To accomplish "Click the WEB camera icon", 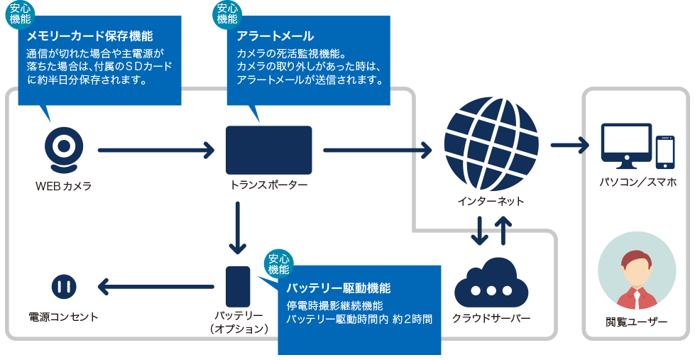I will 64,150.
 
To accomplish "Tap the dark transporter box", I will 269,150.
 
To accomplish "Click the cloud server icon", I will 491,285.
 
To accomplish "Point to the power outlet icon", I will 64,287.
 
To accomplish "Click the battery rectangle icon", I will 238,286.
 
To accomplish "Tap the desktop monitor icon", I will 625,146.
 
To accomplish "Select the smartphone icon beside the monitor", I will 664,151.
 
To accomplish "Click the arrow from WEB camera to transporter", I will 156,150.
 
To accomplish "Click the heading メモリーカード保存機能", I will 89,36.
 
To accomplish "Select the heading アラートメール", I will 275,36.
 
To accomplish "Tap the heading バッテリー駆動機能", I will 338,288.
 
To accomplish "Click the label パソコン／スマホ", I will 637,182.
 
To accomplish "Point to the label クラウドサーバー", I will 491,317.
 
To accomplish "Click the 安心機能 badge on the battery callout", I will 279,263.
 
